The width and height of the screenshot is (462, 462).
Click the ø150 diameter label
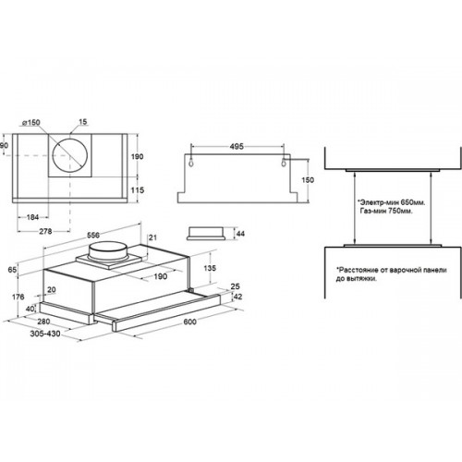[31, 123]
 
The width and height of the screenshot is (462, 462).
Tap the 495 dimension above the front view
[237, 147]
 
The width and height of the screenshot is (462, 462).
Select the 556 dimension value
[93, 236]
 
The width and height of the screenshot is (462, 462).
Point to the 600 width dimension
[189, 322]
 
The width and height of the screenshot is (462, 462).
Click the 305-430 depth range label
[45, 334]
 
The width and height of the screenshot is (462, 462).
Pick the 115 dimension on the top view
[137, 190]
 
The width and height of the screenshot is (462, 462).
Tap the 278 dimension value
[45, 231]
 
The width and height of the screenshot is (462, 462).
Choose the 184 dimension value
[32, 217]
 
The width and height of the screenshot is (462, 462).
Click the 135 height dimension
[210, 268]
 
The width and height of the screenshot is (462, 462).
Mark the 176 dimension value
[18, 297]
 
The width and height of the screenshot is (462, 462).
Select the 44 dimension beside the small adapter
[240, 234]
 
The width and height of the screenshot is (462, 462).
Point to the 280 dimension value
[43, 322]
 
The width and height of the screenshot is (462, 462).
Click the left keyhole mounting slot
[192, 163]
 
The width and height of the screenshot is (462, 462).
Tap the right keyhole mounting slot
[284, 163]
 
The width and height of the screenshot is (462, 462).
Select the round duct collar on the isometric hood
[107, 252]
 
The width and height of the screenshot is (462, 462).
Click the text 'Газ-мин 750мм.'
[386, 211]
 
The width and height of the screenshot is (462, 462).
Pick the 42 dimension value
[237, 297]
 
